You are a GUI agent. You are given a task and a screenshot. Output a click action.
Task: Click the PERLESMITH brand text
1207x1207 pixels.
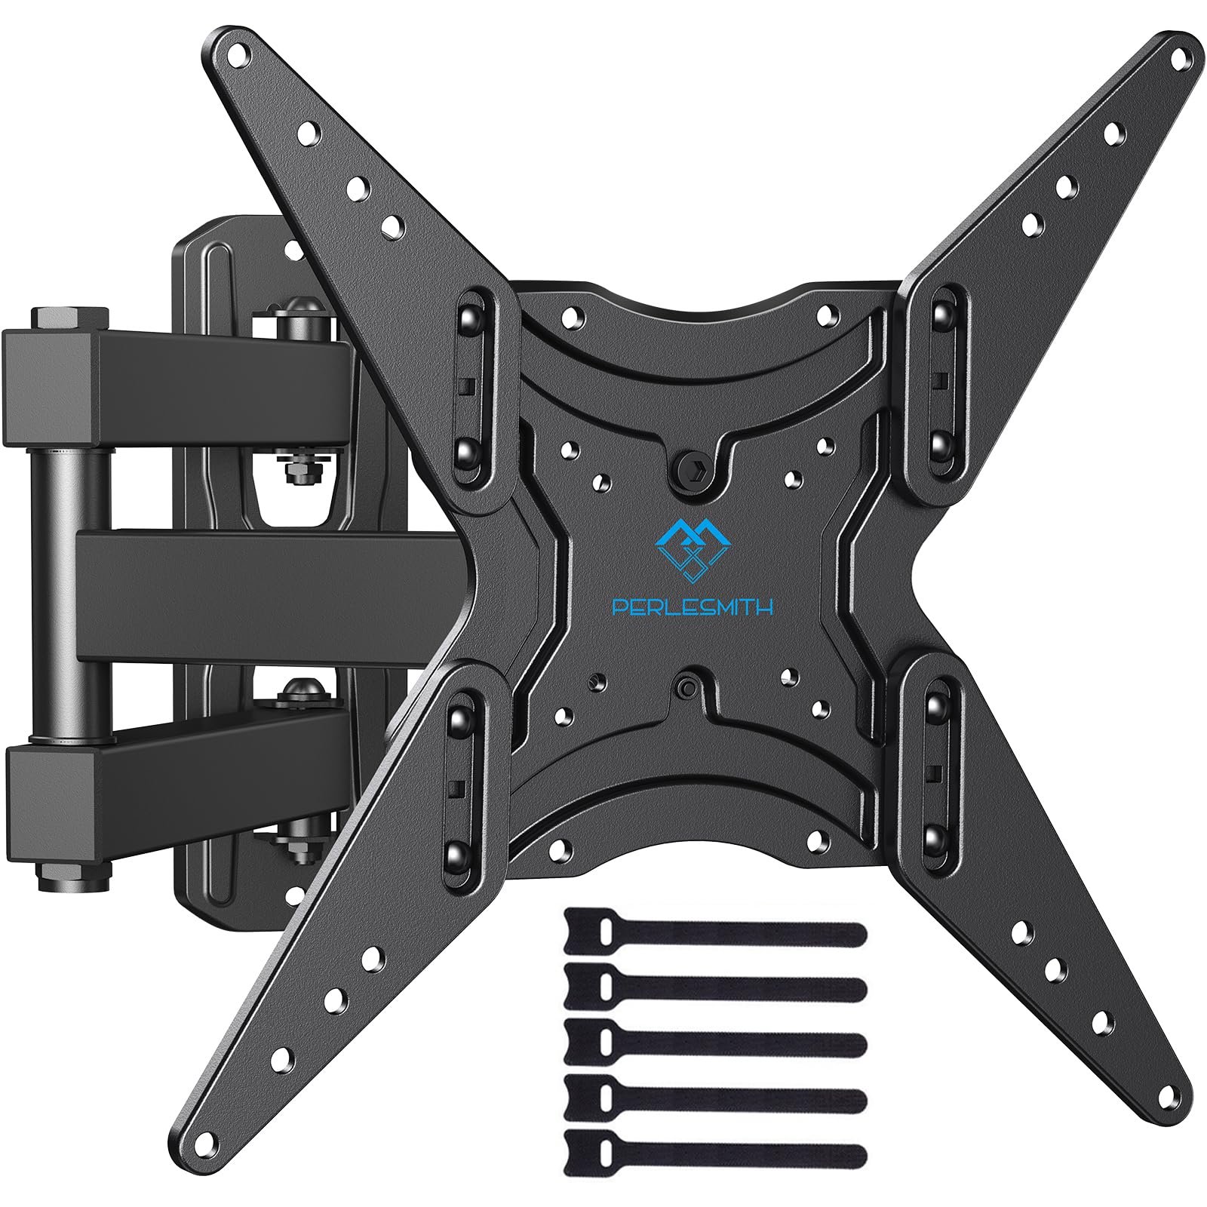[693, 607]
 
